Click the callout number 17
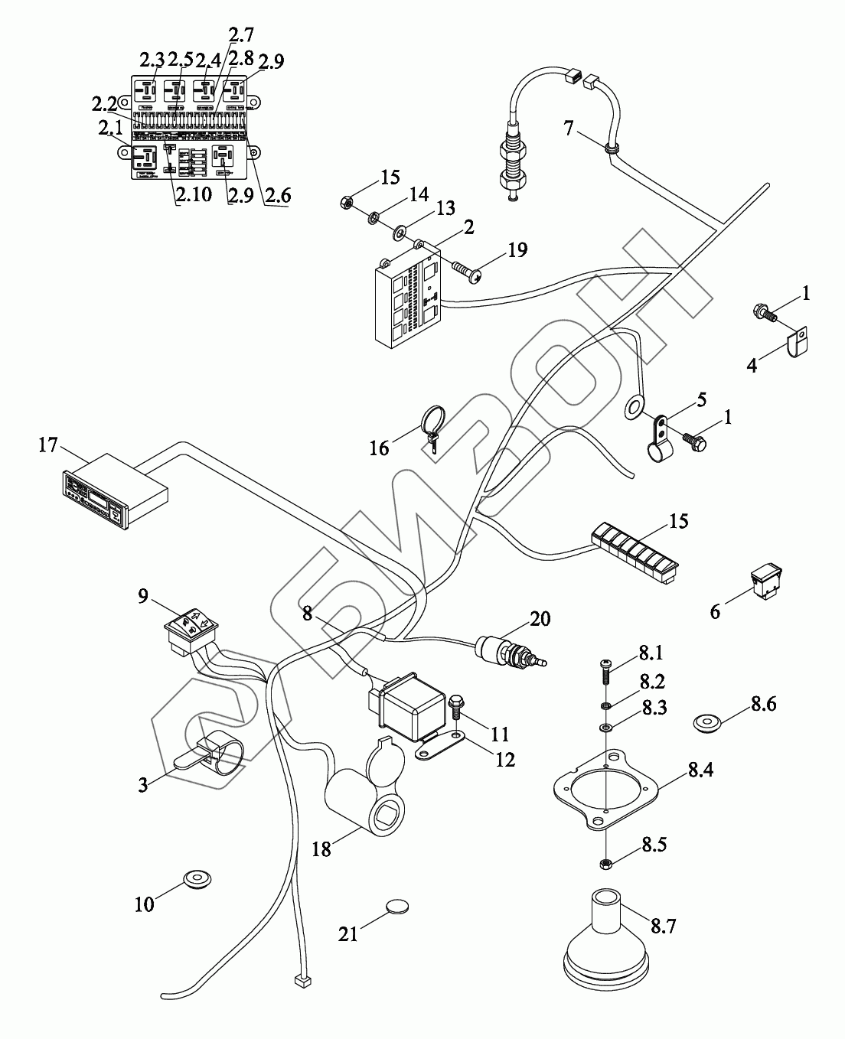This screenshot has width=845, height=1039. point(48,444)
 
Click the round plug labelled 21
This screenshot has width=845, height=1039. point(396,906)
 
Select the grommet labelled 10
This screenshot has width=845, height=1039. point(197,879)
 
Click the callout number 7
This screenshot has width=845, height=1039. point(569,129)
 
